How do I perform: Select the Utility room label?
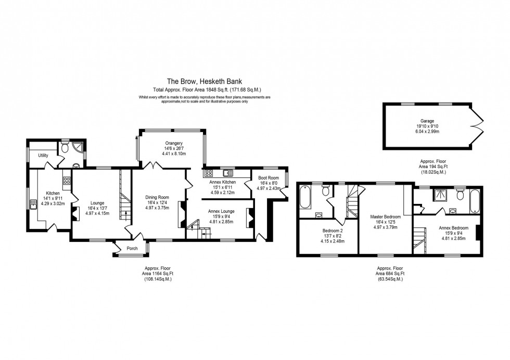pos(43,156)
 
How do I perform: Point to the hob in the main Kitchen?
pos(67,181)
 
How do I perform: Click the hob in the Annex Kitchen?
pos(208,173)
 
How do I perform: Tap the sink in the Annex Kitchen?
pos(228,173)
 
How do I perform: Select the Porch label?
pos(132,249)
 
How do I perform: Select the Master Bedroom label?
pos(385,216)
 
